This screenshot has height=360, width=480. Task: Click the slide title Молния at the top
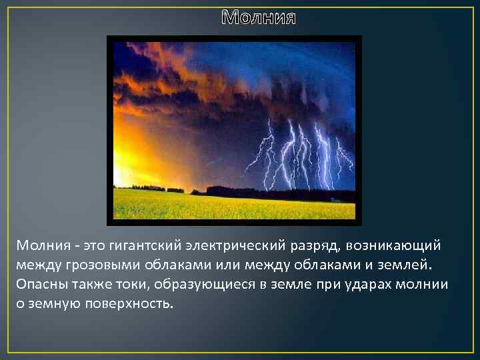coord(258,17)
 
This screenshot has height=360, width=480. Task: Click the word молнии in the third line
coord(425,284)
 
